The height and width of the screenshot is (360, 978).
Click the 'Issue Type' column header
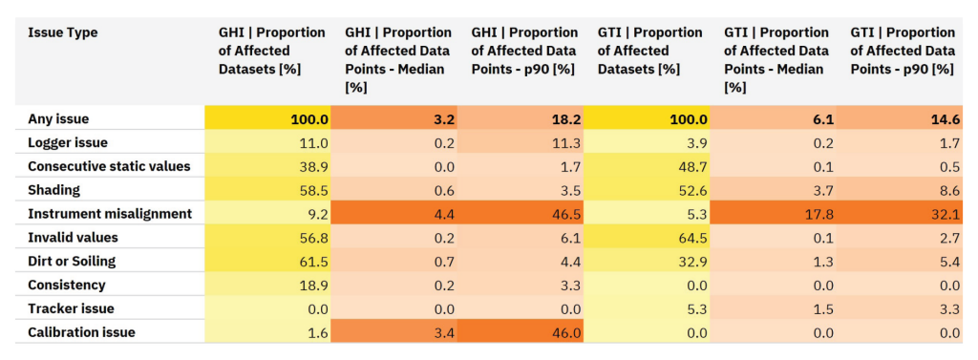click(x=63, y=32)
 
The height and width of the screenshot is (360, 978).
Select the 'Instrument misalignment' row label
click(x=110, y=214)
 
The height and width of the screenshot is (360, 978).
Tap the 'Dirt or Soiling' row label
click(x=72, y=262)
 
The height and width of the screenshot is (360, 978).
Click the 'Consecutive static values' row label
click(x=109, y=166)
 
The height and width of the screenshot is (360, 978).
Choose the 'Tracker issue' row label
click(x=71, y=308)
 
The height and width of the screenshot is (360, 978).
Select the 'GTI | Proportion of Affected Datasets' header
click(x=649, y=51)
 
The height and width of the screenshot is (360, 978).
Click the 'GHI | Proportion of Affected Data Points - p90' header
click(x=524, y=51)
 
